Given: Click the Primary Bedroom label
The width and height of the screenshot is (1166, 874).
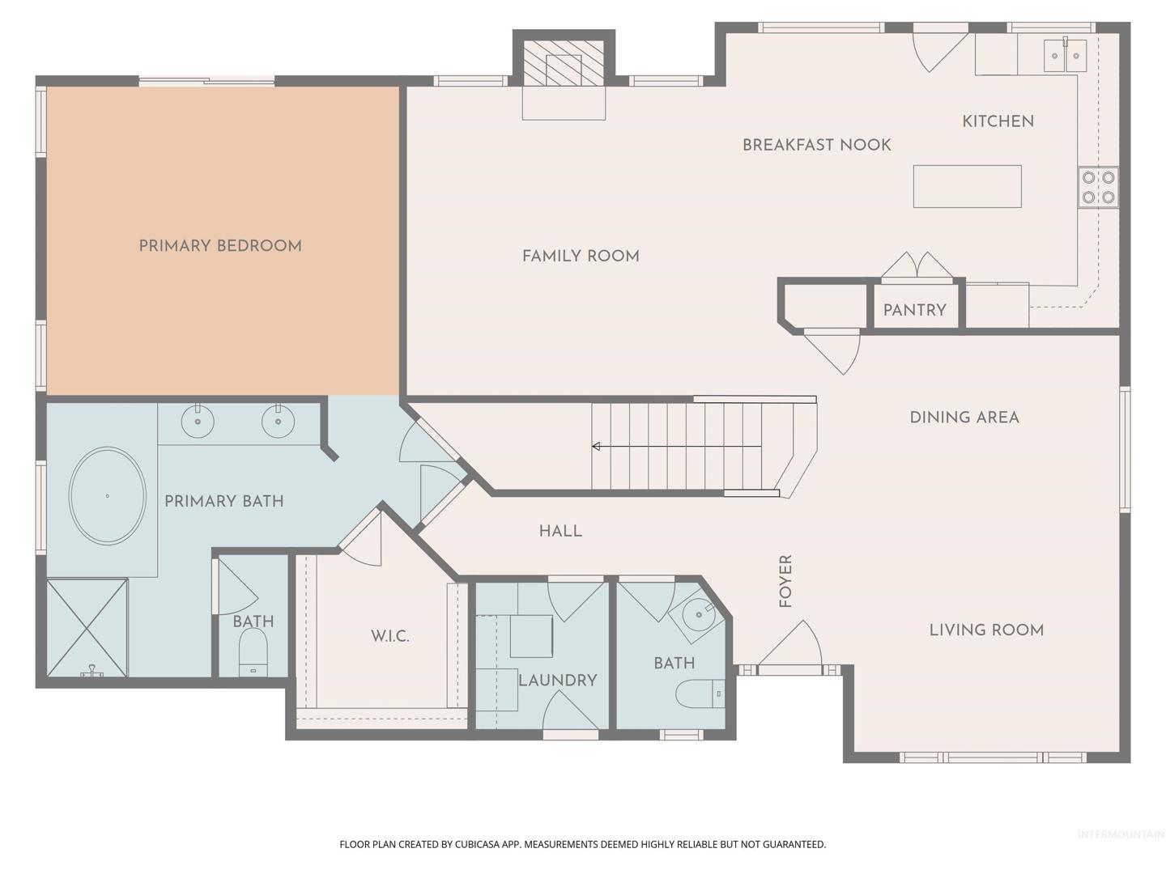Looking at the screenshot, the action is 220,246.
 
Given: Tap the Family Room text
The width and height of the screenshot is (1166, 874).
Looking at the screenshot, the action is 581,257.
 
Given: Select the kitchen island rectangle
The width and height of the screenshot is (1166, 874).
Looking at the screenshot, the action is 967,186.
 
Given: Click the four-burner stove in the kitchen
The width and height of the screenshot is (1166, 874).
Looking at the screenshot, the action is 1098,187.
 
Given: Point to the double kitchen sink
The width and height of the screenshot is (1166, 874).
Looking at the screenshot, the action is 1065,55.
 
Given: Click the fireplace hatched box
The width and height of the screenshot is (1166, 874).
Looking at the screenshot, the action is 564,62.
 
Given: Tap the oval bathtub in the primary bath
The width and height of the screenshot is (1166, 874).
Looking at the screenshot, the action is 108,495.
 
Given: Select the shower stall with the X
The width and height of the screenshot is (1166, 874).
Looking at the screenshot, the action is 87,628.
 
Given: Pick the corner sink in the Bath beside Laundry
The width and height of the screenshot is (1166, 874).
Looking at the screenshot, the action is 698,616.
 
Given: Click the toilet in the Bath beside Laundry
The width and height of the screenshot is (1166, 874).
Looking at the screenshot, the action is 700,694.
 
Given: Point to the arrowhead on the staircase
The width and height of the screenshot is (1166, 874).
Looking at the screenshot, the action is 596,446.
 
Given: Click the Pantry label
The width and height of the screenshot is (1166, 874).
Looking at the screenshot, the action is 914,311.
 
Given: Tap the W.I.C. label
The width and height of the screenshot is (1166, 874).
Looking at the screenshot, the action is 390,636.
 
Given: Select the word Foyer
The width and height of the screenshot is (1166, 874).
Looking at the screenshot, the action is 785,581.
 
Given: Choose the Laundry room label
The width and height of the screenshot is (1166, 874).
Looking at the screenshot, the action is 558,681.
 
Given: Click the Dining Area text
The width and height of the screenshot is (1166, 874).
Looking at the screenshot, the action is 964,418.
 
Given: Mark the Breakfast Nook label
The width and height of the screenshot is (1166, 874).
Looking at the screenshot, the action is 816,145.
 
